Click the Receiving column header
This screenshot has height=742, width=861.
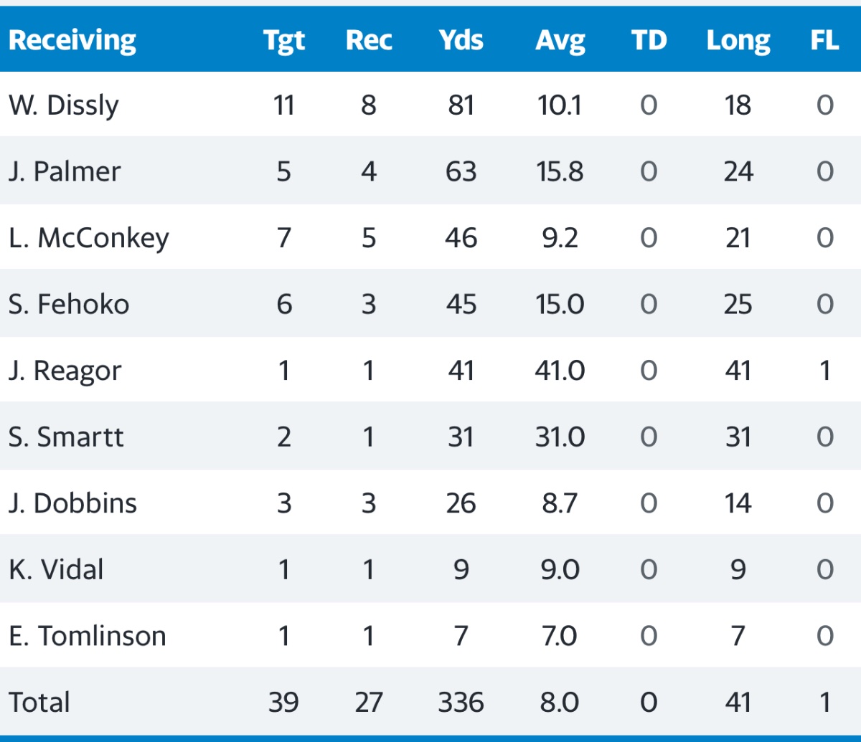tap(72, 41)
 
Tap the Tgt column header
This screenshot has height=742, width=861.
tap(283, 41)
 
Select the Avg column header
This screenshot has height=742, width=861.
tap(560, 41)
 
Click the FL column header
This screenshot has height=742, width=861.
tap(824, 41)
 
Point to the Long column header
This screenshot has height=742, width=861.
tap(738, 41)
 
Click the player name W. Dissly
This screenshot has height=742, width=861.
tap(64, 105)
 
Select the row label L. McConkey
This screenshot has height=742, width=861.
tap(88, 238)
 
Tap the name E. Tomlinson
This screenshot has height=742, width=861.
tap(87, 636)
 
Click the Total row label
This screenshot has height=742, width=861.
tap(39, 703)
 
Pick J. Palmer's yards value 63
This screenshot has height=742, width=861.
tap(461, 172)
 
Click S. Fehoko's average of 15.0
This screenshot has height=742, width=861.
tap(560, 305)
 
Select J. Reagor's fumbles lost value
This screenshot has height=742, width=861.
tap(824, 371)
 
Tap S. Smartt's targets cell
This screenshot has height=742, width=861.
tap(283, 437)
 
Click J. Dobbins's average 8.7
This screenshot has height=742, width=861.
tap(560, 503)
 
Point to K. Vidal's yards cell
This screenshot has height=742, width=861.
tap(461, 570)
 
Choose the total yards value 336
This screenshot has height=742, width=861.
tap(461, 703)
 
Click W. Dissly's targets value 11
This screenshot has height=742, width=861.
tap(283, 105)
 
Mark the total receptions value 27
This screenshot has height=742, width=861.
tap(368, 703)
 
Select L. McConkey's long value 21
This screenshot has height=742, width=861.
tap(738, 238)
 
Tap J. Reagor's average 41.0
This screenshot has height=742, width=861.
tap(560, 371)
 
